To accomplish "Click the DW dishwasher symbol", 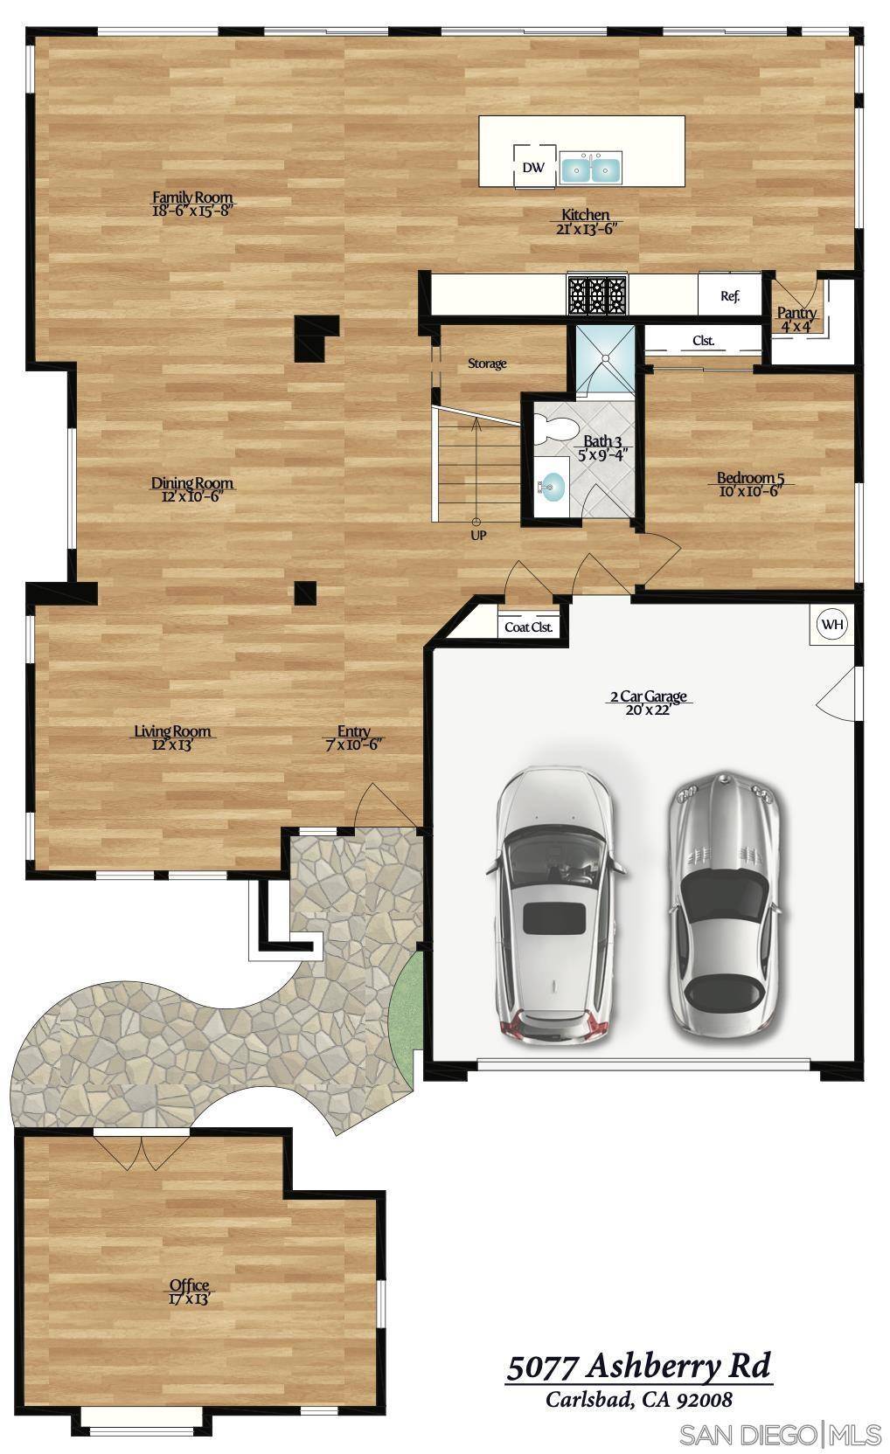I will point(533,167).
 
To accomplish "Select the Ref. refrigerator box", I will point(729,295).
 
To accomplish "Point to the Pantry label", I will point(796,313).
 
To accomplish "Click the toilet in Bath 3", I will point(553,430).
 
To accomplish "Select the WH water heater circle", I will point(831,624).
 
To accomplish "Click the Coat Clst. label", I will point(529,627).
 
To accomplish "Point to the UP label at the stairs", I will point(478,535).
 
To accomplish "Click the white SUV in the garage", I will point(554,904).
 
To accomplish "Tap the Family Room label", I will point(192,197).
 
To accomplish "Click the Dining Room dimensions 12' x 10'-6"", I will point(192,496).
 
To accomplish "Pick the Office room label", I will point(190,1284).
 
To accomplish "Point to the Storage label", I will point(487,363).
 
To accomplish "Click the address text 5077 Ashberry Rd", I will point(639,1365).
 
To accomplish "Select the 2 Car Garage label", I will point(648,696).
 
